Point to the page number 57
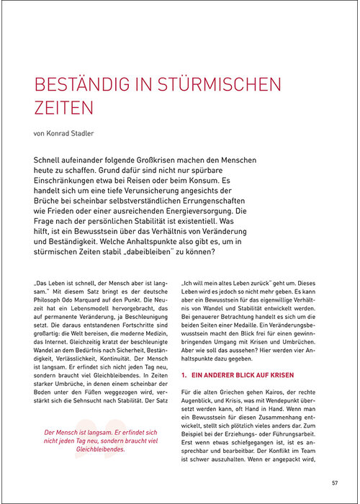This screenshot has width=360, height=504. (334, 482)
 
